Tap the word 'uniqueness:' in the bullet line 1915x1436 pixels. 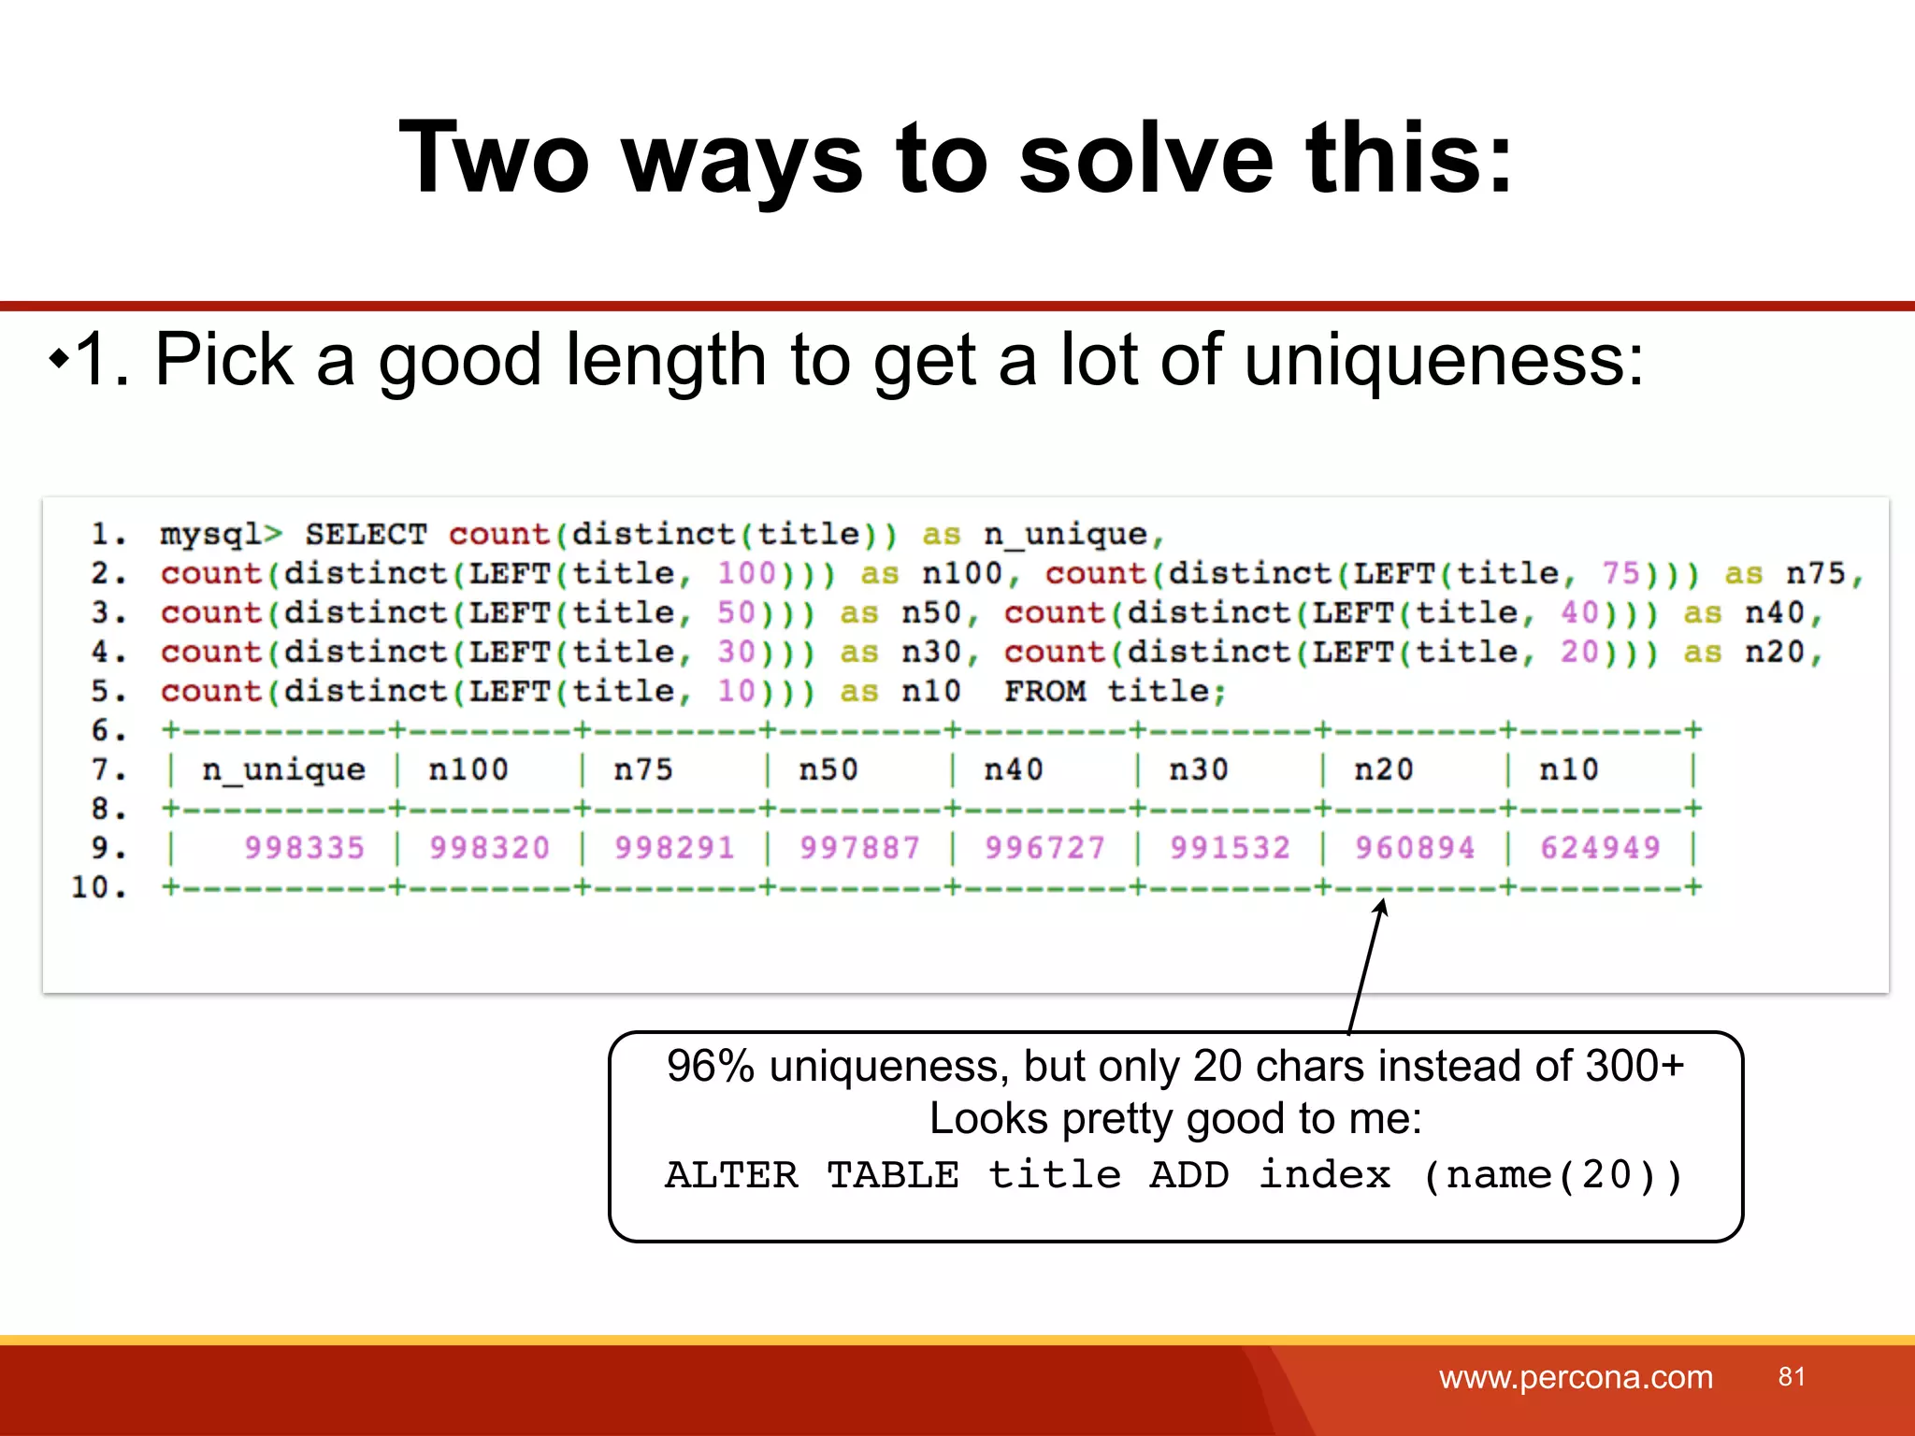(x=1444, y=361)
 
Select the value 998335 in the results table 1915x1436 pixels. (x=304, y=848)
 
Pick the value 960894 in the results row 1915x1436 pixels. (x=1415, y=848)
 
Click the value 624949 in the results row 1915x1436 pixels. (x=1600, y=848)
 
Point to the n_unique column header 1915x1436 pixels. (x=283, y=770)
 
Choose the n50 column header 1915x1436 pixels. (x=828, y=770)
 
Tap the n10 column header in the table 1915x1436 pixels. (x=1568, y=770)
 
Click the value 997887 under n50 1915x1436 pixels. (x=859, y=848)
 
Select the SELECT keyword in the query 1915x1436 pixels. (x=366, y=535)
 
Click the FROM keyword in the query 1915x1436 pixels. (x=1044, y=692)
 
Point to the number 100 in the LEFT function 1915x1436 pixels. (x=746, y=574)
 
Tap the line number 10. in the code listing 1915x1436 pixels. (x=98, y=887)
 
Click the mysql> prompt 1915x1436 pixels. (x=221, y=535)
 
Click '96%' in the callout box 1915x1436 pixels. (x=710, y=1067)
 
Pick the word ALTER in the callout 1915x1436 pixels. (x=732, y=1175)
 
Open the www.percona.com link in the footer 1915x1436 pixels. (x=1576, y=1377)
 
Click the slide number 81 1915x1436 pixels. (x=1792, y=1376)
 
